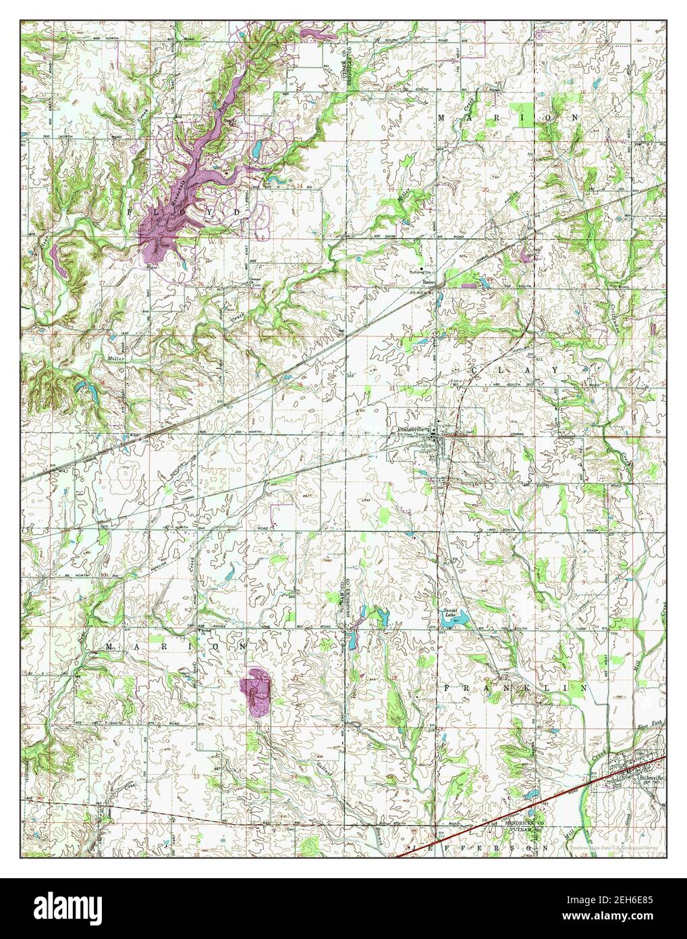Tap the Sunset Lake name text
click(x=450, y=613)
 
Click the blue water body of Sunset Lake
click(x=449, y=624)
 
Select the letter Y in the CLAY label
click(x=555, y=371)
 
